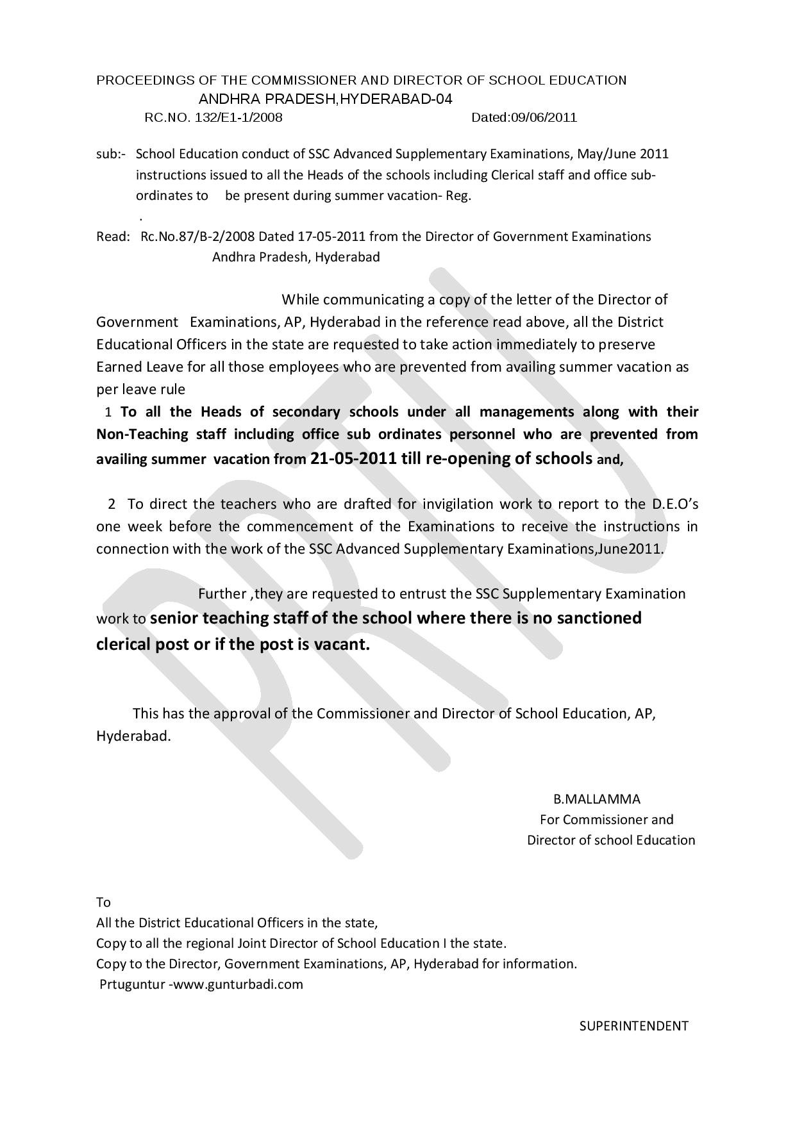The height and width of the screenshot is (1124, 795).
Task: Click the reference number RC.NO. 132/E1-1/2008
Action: pos(213,118)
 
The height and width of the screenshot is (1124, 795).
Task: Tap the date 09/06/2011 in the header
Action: pos(543,118)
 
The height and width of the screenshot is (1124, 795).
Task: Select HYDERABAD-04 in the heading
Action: pos(396,99)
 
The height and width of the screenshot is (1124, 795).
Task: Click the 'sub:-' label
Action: pos(110,154)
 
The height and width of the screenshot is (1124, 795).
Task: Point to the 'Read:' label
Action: pos(113,236)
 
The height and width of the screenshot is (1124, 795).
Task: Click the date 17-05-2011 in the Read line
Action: pos(331,236)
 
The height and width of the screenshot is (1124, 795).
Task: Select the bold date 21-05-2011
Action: pos(353,458)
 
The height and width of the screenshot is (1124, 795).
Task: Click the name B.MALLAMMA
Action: pos(597,799)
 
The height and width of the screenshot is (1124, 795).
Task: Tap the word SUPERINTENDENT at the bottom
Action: pos(633,1026)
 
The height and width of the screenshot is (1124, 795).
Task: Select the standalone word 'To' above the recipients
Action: pos(103,902)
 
